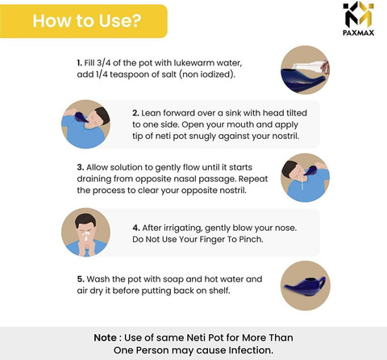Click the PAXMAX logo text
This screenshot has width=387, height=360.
pos(358,33)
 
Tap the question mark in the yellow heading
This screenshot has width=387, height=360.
pos(136,20)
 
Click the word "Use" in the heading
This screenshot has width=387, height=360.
pos(114,21)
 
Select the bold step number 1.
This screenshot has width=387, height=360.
pos(79,63)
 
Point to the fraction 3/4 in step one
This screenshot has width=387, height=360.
pos(103,63)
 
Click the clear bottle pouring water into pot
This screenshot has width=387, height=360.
pos(311,66)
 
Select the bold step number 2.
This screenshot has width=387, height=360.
pos(135,113)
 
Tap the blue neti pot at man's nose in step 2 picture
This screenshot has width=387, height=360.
pos(81,117)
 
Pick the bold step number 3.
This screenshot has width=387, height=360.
pos(81,167)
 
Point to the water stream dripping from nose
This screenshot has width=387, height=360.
pos(303,182)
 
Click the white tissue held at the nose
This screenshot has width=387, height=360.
pos(86,236)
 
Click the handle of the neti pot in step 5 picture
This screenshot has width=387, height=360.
pos(322,283)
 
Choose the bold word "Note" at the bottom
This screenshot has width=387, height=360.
pos(105,337)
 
